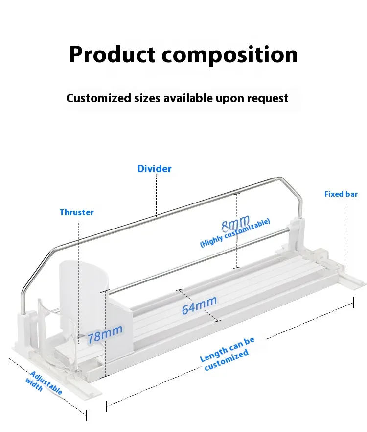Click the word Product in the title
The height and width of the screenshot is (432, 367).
[112, 54]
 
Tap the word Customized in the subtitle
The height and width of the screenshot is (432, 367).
[98, 98]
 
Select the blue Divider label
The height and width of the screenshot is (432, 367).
[154, 169]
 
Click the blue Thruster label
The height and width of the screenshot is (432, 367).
[77, 212]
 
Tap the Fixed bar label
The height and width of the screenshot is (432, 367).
[341, 194]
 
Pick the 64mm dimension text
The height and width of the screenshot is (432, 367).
[199, 305]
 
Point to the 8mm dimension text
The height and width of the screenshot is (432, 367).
[235, 223]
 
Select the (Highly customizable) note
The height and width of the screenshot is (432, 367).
[235, 233]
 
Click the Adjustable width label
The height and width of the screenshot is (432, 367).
[44, 382]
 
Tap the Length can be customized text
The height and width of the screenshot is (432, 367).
[227, 354]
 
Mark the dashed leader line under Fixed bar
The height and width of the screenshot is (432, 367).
[346, 239]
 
